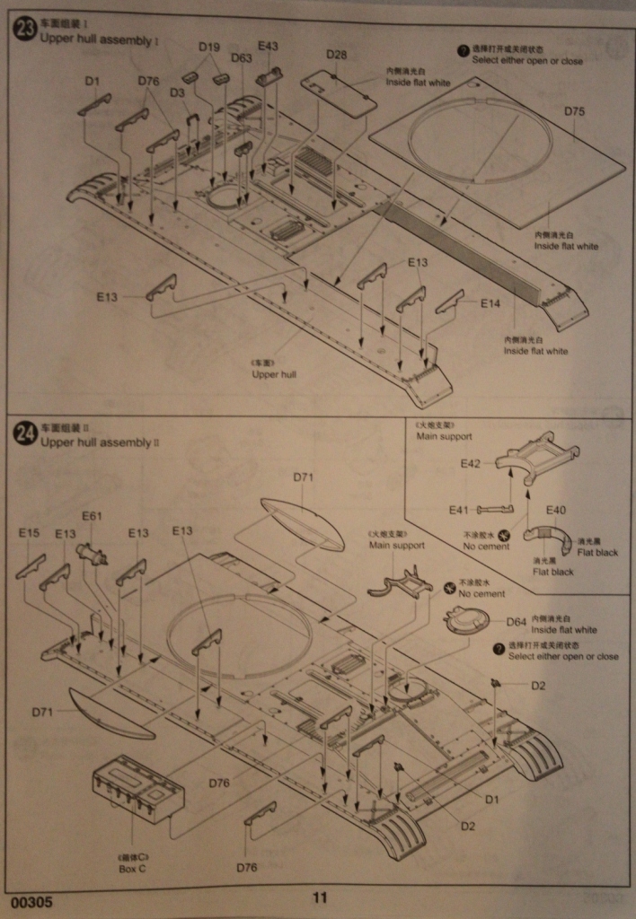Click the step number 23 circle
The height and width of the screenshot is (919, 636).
tap(25, 29)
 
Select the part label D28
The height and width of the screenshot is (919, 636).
tap(336, 56)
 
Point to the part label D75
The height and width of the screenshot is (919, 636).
tap(574, 111)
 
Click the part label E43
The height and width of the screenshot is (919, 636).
tap(268, 46)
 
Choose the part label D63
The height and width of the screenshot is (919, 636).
tap(241, 58)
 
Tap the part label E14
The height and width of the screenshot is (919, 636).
tap(490, 304)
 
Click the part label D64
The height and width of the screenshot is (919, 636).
tap(516, 621)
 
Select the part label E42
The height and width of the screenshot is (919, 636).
tap(471, 464)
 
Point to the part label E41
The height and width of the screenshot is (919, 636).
tap(460, 510)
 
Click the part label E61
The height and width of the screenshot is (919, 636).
tap(93, 516)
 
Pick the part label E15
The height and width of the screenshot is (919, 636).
tap(30, 533)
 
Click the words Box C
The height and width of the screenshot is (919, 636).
tap(131, 869)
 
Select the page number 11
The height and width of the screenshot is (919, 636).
tap(320, 897)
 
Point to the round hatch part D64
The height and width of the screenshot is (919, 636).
tap(467, 621)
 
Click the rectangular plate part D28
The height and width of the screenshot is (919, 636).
tap(339, 93)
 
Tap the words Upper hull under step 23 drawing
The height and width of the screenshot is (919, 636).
tap(274, 374)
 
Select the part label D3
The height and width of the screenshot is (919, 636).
tap(177, 92)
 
